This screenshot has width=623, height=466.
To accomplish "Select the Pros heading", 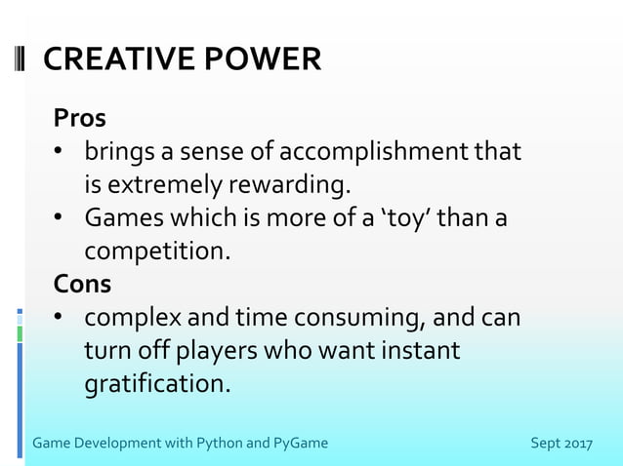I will tap(80, 118).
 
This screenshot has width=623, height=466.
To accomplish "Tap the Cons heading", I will tap(83, 284).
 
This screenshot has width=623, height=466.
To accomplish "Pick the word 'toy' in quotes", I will tap(403, 217).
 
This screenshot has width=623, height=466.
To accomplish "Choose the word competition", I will tap(157, 251).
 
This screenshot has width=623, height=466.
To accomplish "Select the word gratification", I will tap(157, 383).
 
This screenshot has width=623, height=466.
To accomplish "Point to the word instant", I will tap(413, 350).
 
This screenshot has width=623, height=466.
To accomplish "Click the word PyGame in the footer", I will tap(301, 444).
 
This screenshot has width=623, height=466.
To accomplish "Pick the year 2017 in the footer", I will tap(576, 444).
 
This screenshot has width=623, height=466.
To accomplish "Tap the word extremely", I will tap(165, 184).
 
